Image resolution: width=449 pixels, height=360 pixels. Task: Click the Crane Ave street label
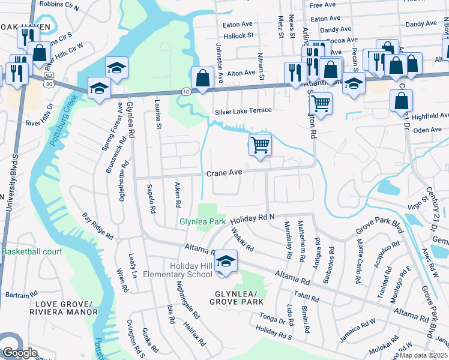224,173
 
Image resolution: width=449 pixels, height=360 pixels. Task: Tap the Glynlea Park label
202,221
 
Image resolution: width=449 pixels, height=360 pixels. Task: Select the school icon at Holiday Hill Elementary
225,262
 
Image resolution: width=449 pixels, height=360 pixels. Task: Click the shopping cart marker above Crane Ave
260,144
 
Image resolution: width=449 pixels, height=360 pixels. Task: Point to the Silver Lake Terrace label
243,111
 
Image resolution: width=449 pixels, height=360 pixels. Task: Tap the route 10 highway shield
187,91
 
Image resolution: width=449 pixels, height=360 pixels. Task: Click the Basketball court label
32,252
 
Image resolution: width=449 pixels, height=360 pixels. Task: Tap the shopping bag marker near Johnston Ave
203,77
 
